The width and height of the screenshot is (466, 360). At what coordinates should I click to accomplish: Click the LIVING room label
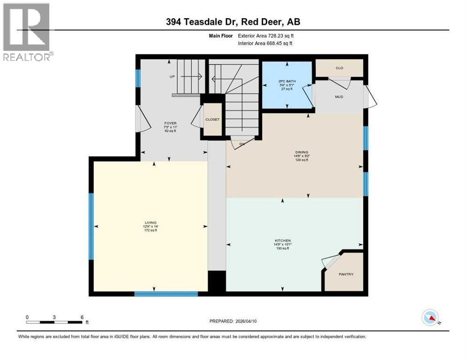(150, 222)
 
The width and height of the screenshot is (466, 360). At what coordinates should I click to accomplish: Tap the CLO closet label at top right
(339, 68)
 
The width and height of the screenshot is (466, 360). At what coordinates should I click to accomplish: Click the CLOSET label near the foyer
(212, 120)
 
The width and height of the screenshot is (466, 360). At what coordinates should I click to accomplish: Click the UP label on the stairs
(173, 76)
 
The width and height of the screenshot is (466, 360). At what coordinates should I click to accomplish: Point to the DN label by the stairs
(242, 144)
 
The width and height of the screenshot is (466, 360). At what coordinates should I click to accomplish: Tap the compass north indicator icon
(430, 318)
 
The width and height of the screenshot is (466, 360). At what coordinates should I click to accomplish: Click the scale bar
(55, 322)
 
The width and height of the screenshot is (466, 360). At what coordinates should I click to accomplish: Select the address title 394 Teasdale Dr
(233, 22)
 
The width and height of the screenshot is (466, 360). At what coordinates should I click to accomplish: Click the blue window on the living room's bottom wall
(166, 294)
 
